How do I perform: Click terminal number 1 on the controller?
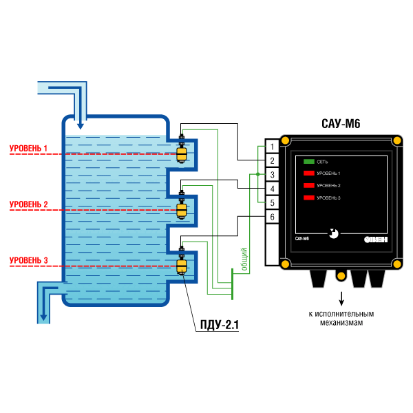point(273,146)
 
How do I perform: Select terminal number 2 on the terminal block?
point(273,160)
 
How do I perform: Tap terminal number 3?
point(273,174)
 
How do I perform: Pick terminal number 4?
point(273,189)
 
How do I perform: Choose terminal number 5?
point(273,203)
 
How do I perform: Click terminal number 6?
point(273,218)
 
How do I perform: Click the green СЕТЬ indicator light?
point(308,161)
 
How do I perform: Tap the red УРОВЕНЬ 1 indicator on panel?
point(308,173)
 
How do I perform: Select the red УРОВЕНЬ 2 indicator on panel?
point(308,186)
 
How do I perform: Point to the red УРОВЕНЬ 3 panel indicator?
point(308,198)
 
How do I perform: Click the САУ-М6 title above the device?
point(340,125)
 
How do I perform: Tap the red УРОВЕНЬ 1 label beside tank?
point(28,148)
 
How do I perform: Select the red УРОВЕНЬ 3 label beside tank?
point(28,260)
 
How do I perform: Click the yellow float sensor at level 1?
point(182,154)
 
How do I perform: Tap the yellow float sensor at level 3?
point(182,266)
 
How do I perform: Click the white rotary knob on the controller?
point(334,233)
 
